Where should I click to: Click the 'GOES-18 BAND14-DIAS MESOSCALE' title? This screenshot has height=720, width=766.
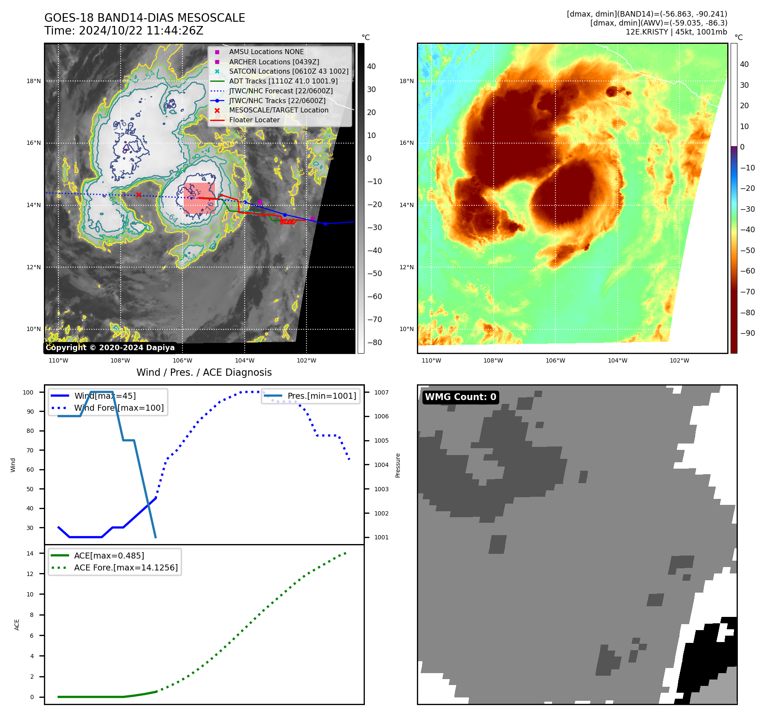coord(145,18)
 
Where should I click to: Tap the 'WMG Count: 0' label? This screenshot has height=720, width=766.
coord(460,397)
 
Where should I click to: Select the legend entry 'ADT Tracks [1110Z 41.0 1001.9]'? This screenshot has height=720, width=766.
coord(283,81)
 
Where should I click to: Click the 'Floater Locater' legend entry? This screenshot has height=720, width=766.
coord(254,120)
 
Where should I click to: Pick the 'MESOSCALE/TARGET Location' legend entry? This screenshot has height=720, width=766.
coord(278,110)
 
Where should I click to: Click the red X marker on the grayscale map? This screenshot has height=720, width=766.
coord(139,195)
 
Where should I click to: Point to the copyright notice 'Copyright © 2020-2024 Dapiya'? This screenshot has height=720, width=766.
coord(110,348)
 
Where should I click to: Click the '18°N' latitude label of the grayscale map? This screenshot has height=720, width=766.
coord(34,81)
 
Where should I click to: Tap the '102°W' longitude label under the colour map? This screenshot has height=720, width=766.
coord(679,360)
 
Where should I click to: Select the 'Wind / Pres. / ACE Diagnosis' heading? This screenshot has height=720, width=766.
coord(204,372)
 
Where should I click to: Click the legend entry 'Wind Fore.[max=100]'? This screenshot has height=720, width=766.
coord(119,408)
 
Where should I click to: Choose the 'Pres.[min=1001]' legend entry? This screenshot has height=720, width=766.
coord(321,396)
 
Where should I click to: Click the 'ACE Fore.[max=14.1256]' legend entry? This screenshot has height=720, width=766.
coord(126,567)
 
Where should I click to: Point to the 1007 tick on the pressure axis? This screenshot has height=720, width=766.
coord(381,392)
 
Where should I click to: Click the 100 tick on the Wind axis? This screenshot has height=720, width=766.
coord(28,392)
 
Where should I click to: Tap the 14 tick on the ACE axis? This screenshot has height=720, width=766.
coord(30,553)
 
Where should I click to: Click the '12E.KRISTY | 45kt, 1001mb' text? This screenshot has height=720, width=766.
coord(676,32)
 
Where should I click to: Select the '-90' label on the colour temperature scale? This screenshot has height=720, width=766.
coord(747,333)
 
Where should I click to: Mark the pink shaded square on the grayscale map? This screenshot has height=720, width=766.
coord(199,198)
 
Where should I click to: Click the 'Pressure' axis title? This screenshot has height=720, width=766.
coord(398,465)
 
